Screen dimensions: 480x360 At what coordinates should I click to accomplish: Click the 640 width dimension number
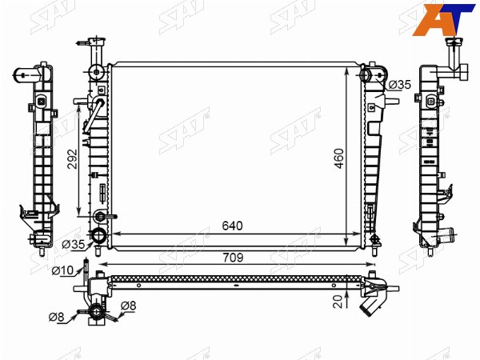tap(232, 226)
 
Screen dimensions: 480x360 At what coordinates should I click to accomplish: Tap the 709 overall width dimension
tap(233, 258)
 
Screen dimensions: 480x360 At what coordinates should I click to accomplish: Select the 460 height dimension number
tap(339, 158)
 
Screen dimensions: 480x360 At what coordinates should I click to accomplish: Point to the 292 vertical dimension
tap(72, 159)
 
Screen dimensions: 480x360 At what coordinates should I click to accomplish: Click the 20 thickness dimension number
tap(338, 302)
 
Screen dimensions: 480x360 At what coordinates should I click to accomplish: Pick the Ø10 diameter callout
tap(62, 270)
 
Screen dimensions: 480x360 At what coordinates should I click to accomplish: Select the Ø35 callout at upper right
tap(399, 85)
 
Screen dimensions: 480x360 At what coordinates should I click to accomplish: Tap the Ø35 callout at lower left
tap(73, 244)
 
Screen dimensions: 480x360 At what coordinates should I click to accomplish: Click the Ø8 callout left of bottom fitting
tap(56, 317)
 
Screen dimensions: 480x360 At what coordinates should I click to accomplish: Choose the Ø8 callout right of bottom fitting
tap(128, 306)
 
